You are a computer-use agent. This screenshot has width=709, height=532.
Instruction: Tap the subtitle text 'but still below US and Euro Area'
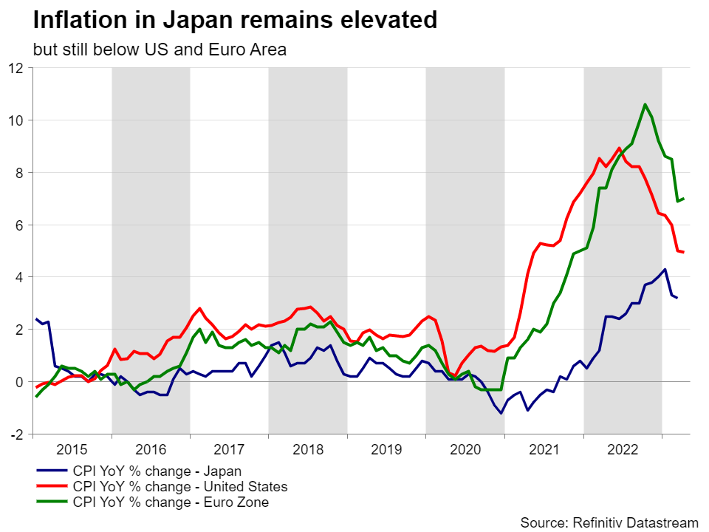160,50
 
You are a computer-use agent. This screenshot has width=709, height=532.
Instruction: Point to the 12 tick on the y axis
16,68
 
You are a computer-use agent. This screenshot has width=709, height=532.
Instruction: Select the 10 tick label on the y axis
16,120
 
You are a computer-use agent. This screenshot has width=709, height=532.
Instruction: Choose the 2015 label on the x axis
72,449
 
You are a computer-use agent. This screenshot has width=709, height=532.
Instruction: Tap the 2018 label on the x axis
307,449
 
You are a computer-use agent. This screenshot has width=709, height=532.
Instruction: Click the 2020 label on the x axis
465,449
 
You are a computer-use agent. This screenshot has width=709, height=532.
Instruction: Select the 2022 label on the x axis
622,449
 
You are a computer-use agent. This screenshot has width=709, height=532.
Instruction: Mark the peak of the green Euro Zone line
645,104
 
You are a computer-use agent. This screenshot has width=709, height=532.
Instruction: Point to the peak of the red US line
619,148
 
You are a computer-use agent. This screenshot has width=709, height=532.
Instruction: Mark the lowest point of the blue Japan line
501,413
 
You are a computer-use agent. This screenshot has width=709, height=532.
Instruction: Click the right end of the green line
684,199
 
